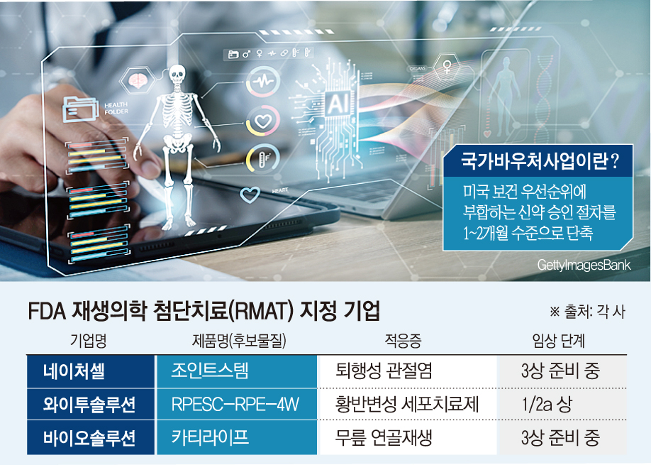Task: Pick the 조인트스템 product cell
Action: tap(210, 371)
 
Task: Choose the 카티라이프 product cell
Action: tap(210, 437)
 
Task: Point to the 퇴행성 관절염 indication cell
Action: tap(384, 371)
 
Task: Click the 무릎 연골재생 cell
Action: tap(384, 437)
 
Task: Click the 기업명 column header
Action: tap(89, 340)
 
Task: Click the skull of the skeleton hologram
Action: tap(175, 74)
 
